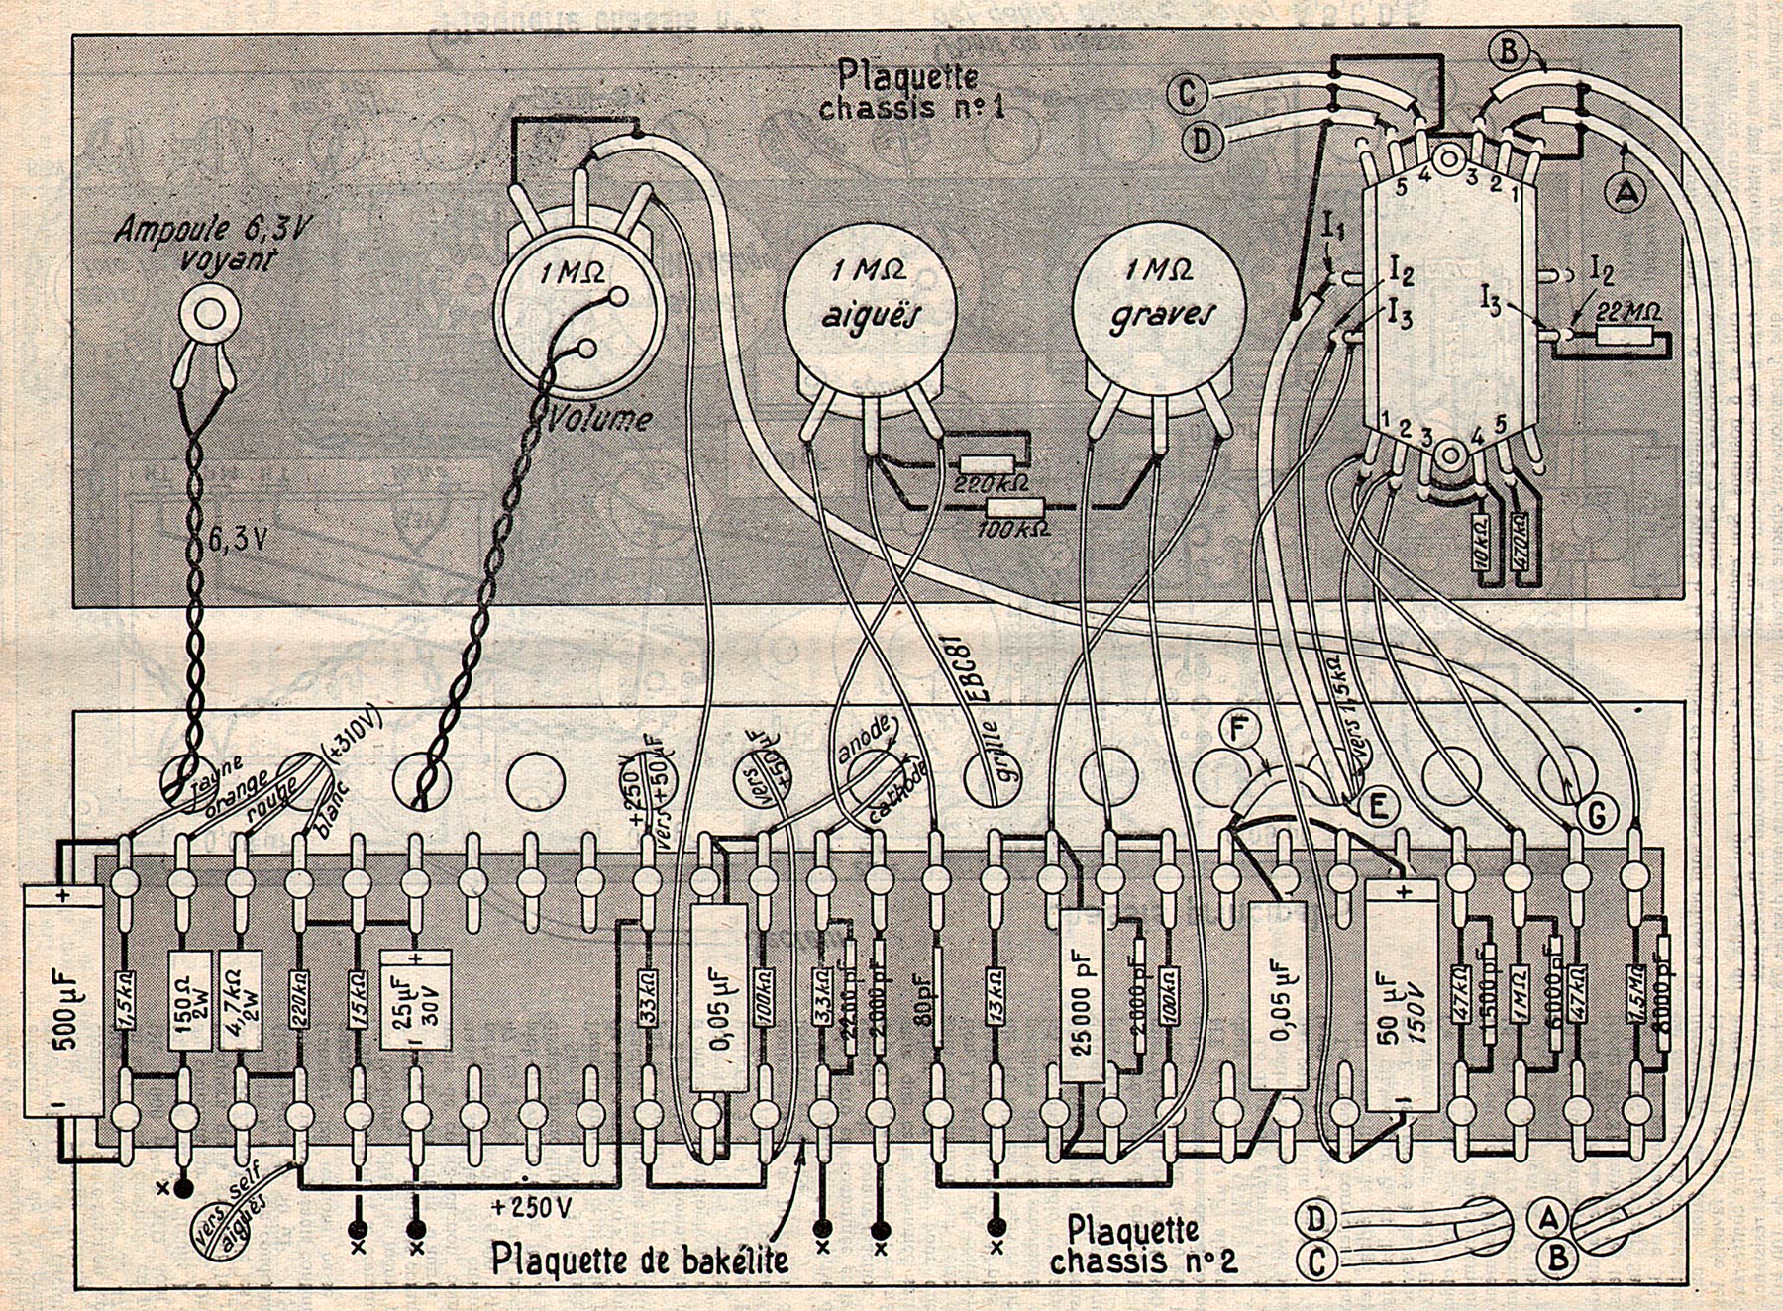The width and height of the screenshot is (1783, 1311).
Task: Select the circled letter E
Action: click(1375, 807)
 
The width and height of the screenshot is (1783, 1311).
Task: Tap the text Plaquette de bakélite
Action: click(641, 1260)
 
